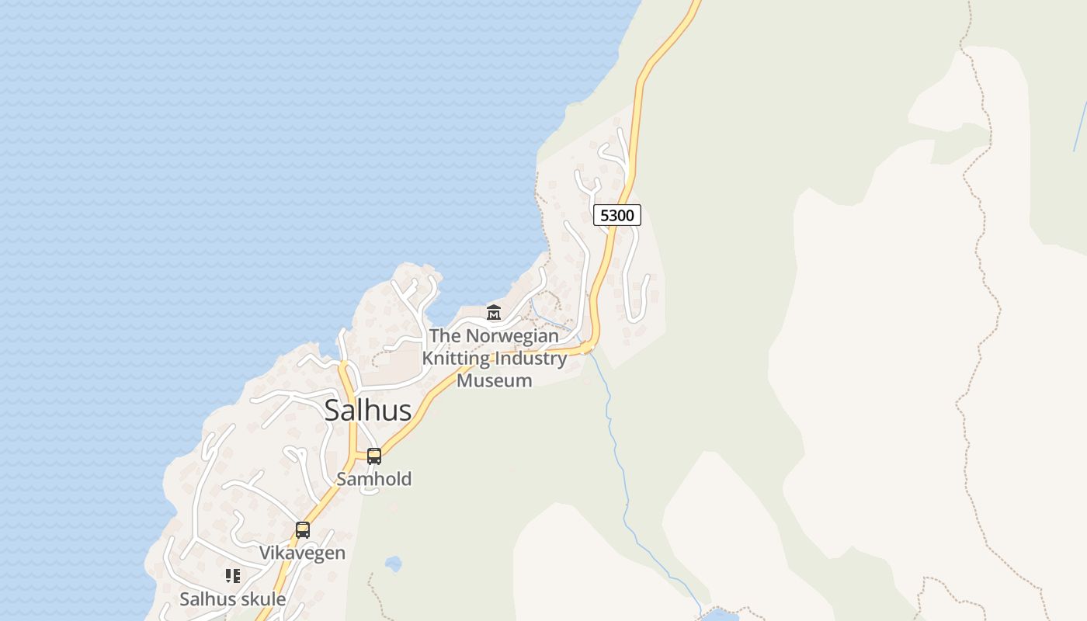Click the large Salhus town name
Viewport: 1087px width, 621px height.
click(367, 411)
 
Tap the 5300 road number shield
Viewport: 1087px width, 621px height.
click(617, 215)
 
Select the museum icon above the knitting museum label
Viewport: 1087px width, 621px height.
click(493, 313)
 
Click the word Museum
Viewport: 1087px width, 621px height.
click(495, 380)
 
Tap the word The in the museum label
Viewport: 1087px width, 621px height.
click(445, 336)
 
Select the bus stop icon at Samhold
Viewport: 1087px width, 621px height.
click(374, 456)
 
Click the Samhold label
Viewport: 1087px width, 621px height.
click(373, 479)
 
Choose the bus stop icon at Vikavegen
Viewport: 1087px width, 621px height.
click(303, 530)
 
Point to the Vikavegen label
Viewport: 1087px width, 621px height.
click(302, 553)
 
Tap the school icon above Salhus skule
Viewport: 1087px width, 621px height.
click(232, 576)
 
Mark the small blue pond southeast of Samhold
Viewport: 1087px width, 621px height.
click(393, 564)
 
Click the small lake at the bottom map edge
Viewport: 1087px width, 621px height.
click(720, 615)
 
